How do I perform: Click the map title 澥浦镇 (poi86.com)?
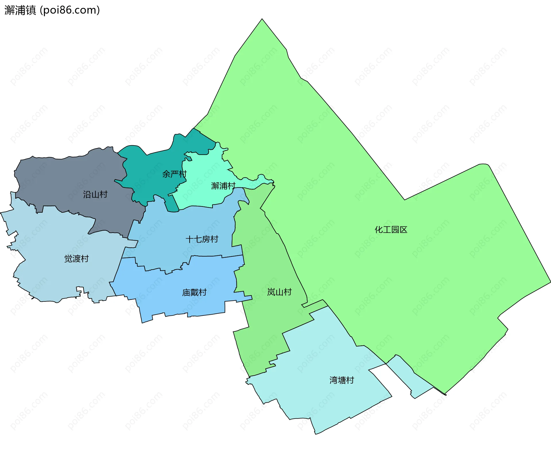pos(52,10)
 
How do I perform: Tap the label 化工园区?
pos(391,230)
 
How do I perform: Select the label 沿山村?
pos(95,195)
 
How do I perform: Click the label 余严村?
pos(174,174)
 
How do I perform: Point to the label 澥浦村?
pos(223,186)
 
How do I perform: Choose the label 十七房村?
pos(202,239)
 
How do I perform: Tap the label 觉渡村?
pos(76,259)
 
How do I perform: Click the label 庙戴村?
pos(194,293)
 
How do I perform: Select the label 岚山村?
pos(279,292)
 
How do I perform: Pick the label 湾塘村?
pos(342,380)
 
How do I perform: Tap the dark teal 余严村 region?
pos(143,172)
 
